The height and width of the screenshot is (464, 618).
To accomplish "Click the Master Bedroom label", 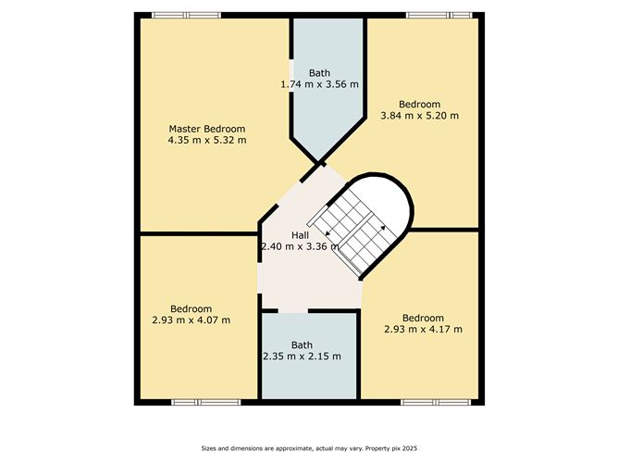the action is click(x=207, y=129).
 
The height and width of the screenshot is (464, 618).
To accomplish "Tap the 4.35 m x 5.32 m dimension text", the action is click(x=207, y=140).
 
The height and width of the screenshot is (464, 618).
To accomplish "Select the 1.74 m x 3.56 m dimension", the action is click(x=320, y=84).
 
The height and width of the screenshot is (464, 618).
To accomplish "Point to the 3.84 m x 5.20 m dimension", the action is click(x=419, y=116).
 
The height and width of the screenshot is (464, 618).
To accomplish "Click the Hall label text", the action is click(x=300, y=235).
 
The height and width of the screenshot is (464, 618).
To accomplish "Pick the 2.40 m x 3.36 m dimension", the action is click(x=301, y=246).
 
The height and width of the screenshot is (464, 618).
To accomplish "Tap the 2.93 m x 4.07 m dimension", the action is click(x=192, y=320).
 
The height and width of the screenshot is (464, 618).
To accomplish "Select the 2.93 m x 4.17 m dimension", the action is click(x=424, y=329).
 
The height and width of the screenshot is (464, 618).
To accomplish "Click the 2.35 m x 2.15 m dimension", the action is click(x=302, y=357).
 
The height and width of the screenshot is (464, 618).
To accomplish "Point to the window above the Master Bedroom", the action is click(x=187, y=16).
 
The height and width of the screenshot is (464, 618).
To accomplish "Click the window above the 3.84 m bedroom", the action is click(x=439, y=16).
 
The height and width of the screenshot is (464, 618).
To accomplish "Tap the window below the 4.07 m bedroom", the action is click(x=205, y=403).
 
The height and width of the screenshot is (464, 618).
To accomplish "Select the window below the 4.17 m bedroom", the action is click(x=436, y=403).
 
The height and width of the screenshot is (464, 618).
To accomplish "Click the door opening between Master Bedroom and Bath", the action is click(x=291, y=76).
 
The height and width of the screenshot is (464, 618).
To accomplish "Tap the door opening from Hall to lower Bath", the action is click(x=293, y=311).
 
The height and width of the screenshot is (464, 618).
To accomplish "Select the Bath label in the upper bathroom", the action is click(x=320, y=73).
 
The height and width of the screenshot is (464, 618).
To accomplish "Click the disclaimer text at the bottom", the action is click(x=309, y=448).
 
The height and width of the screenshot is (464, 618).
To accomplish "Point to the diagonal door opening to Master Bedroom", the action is click(x=290, y=194).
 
